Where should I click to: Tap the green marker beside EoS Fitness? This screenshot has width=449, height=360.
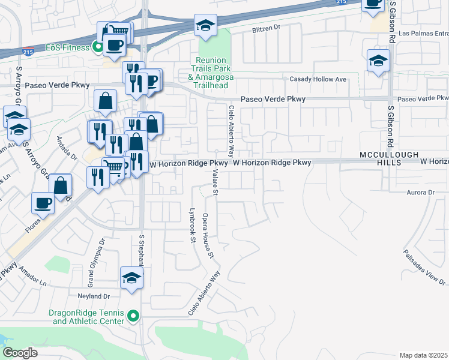coord(96,47)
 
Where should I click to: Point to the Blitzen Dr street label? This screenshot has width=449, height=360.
coord(267,28)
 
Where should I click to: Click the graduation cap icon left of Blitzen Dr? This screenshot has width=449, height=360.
coord(205,26)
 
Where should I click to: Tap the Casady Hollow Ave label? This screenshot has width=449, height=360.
coord(318,79)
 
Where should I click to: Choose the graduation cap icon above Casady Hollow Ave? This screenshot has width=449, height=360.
coord(378,60)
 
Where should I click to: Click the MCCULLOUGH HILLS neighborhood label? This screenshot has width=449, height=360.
coord(389,158)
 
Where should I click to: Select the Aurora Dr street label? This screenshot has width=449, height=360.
coord(420,193)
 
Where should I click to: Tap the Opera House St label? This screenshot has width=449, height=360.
coord(208,235)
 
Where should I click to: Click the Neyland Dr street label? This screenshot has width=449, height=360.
coord(94,296)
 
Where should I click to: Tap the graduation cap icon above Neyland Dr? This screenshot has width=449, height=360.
coord(132,278)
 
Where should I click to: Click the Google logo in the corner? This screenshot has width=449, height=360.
coord(20,353)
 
